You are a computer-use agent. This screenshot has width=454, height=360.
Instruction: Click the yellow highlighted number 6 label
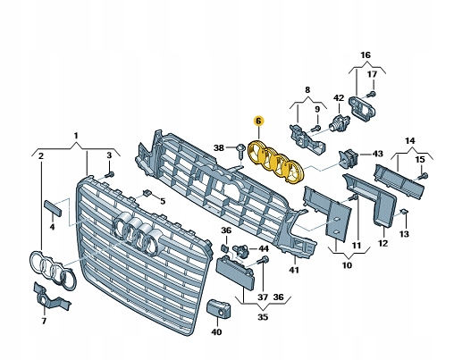(259, 120)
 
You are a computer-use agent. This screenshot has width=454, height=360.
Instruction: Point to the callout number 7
(43, 320)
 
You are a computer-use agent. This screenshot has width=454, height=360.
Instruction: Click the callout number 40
(215, 331)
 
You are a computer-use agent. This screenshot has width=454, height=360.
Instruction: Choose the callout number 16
(364, 54)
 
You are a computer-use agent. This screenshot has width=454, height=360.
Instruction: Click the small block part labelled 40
(215, 309)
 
